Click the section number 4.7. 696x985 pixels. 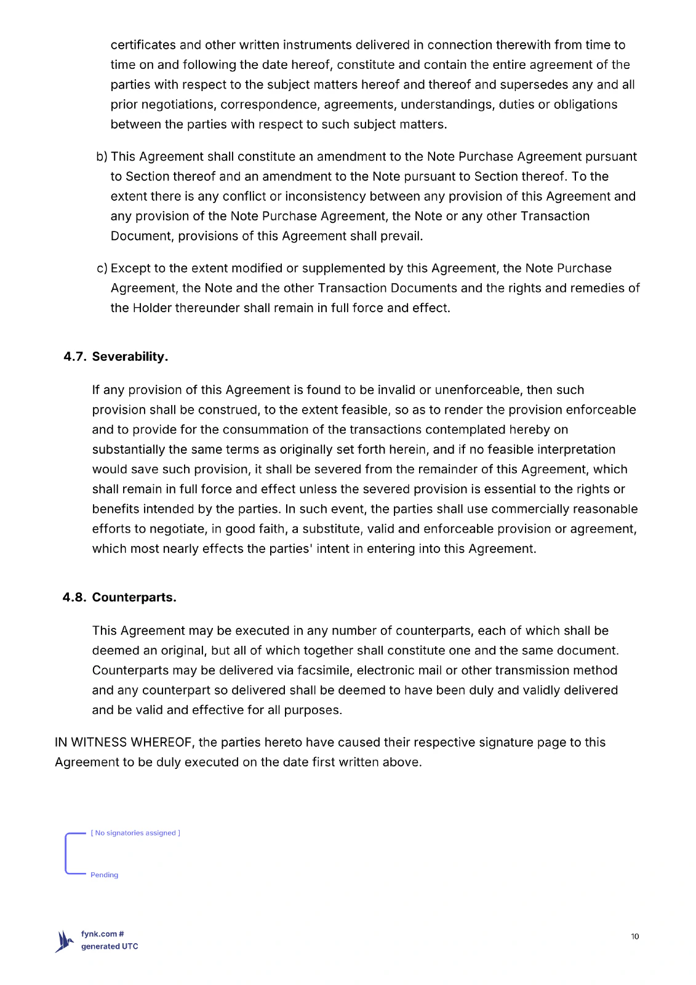[75, 357]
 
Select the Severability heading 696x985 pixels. [130, 357]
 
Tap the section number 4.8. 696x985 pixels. [74, 598]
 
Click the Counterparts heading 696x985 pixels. [134, 598]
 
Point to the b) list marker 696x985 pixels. [102, 157]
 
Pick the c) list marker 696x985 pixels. [102, 268]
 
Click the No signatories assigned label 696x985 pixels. [135, 833]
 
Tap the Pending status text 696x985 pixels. [104, 875]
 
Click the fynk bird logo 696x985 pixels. [64, 941]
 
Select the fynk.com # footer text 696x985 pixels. [103, 934]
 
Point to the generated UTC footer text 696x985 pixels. [110, 947]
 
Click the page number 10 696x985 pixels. [634, 936]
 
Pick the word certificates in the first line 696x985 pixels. [143, 45]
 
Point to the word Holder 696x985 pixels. [152, 308]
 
